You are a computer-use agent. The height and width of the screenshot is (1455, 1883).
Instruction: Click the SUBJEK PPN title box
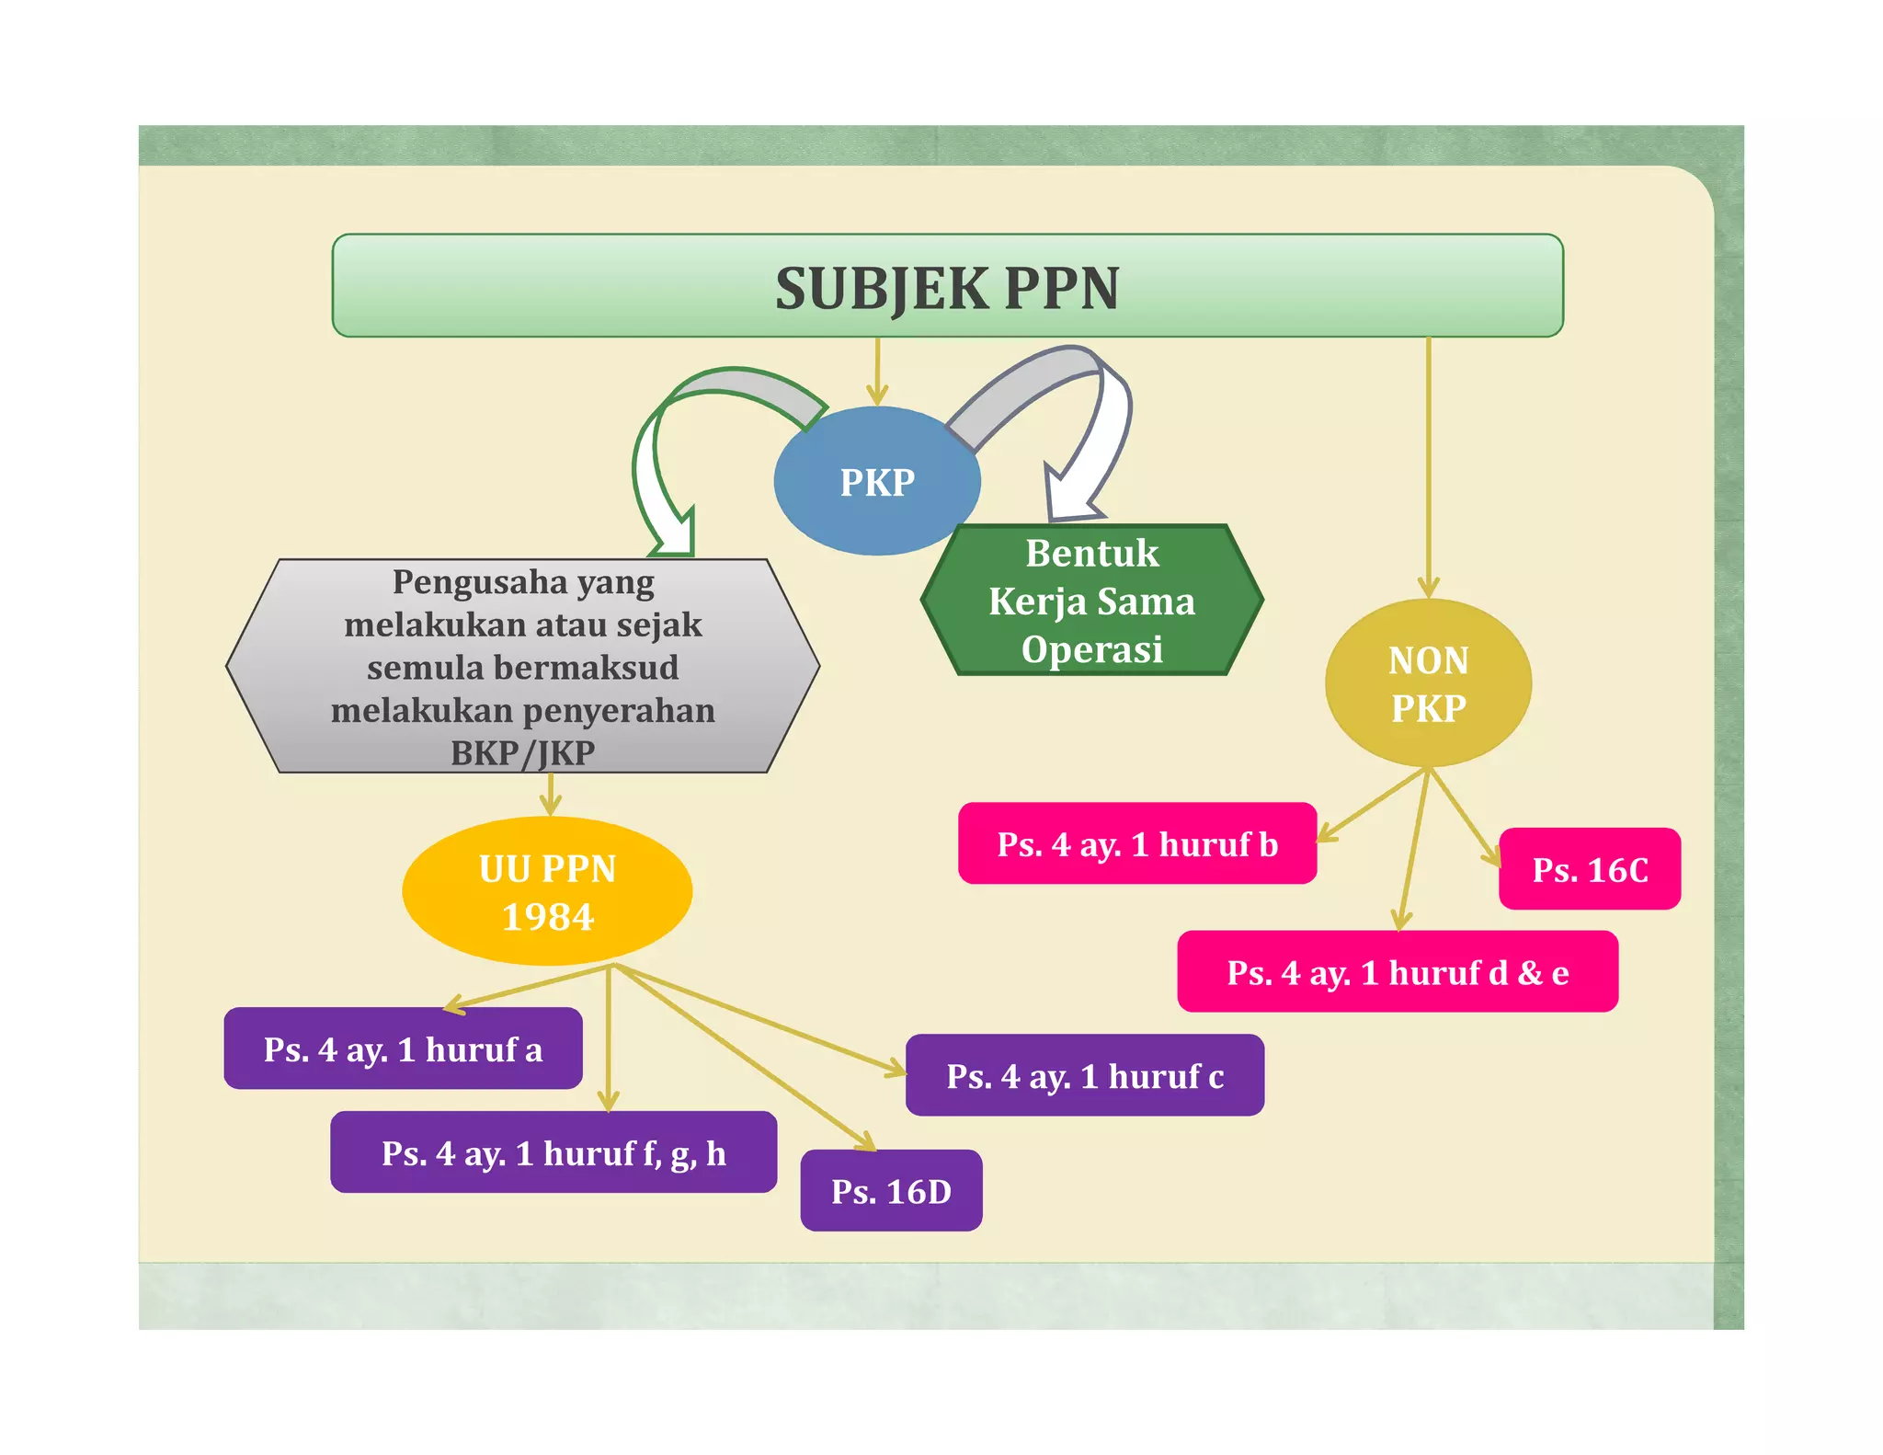(x=947, y=286)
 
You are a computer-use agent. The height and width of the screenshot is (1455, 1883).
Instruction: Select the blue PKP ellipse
(x=876, y=482)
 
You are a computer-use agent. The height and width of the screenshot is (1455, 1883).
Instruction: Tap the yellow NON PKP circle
(x=1428, y=683)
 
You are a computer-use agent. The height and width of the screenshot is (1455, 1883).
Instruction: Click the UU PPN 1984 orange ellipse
(x=547, y=891)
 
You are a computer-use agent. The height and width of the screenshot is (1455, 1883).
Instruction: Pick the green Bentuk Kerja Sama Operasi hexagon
(x=1092, y=601)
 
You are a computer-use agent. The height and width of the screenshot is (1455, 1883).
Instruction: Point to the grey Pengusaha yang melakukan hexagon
(x=522, y=666)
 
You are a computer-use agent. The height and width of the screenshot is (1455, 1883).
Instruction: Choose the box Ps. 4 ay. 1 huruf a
(x=403, y=1049)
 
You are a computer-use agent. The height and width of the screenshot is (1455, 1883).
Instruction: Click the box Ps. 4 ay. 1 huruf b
(x=1137, y=844)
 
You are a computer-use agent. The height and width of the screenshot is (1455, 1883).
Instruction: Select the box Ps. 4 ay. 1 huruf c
(x=1085, y=1076)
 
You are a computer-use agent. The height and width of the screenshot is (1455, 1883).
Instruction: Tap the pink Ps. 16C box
(x=1590, y=870)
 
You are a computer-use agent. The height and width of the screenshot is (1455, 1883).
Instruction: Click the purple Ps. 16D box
(x=891, y=1191)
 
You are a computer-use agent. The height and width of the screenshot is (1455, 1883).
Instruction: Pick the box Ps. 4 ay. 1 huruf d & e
(x=1398, y=972)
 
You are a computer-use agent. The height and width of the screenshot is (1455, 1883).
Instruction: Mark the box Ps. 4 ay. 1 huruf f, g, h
(x=553, y=1152)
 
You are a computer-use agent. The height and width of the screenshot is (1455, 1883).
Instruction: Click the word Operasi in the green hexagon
(x=1092, y=649)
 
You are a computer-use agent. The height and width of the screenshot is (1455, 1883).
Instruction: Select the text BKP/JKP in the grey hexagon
(x=522, y=753)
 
